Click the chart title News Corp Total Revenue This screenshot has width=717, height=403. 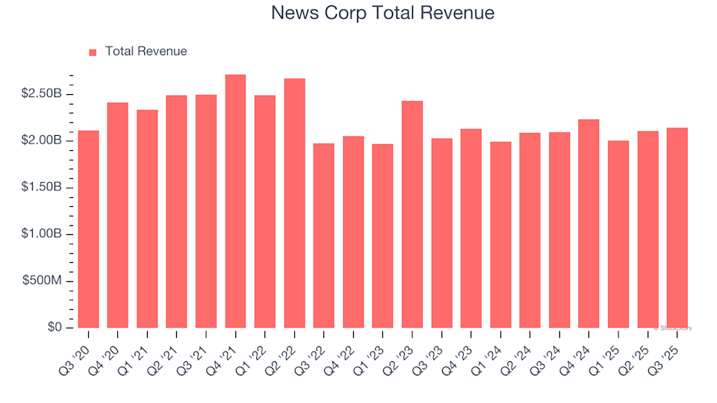pyautogui.click(x=382, y=13)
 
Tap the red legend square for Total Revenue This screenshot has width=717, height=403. pyautogui.click(x=93, y=52)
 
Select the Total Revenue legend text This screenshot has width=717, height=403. pyautogui.click(x=146, y=51)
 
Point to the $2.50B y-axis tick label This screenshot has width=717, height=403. pyautogui.click(x=42, y=94)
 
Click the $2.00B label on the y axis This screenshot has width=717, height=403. pyautogui.click(x=42, y=141)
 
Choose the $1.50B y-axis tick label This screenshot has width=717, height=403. pyautogui.click(x=42, y=187)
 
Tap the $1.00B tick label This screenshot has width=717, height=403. pyautogui.click(x=42, y=234)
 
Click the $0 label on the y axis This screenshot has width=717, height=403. pyautogui.click(x=55, y=328)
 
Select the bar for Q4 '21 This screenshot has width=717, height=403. pyautogui.click(x=235, y=201)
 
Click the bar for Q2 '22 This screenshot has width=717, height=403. pyautogui.click(x=294, y=203)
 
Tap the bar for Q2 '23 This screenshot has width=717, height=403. pyautogui.click(x=412, y=214)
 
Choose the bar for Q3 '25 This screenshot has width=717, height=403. pyautogui.click(x=677, y=228)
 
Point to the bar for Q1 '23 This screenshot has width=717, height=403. pyautogui.click(x=382, y=236)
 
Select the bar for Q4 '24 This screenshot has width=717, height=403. pyautogui.click(x=589, y=224)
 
